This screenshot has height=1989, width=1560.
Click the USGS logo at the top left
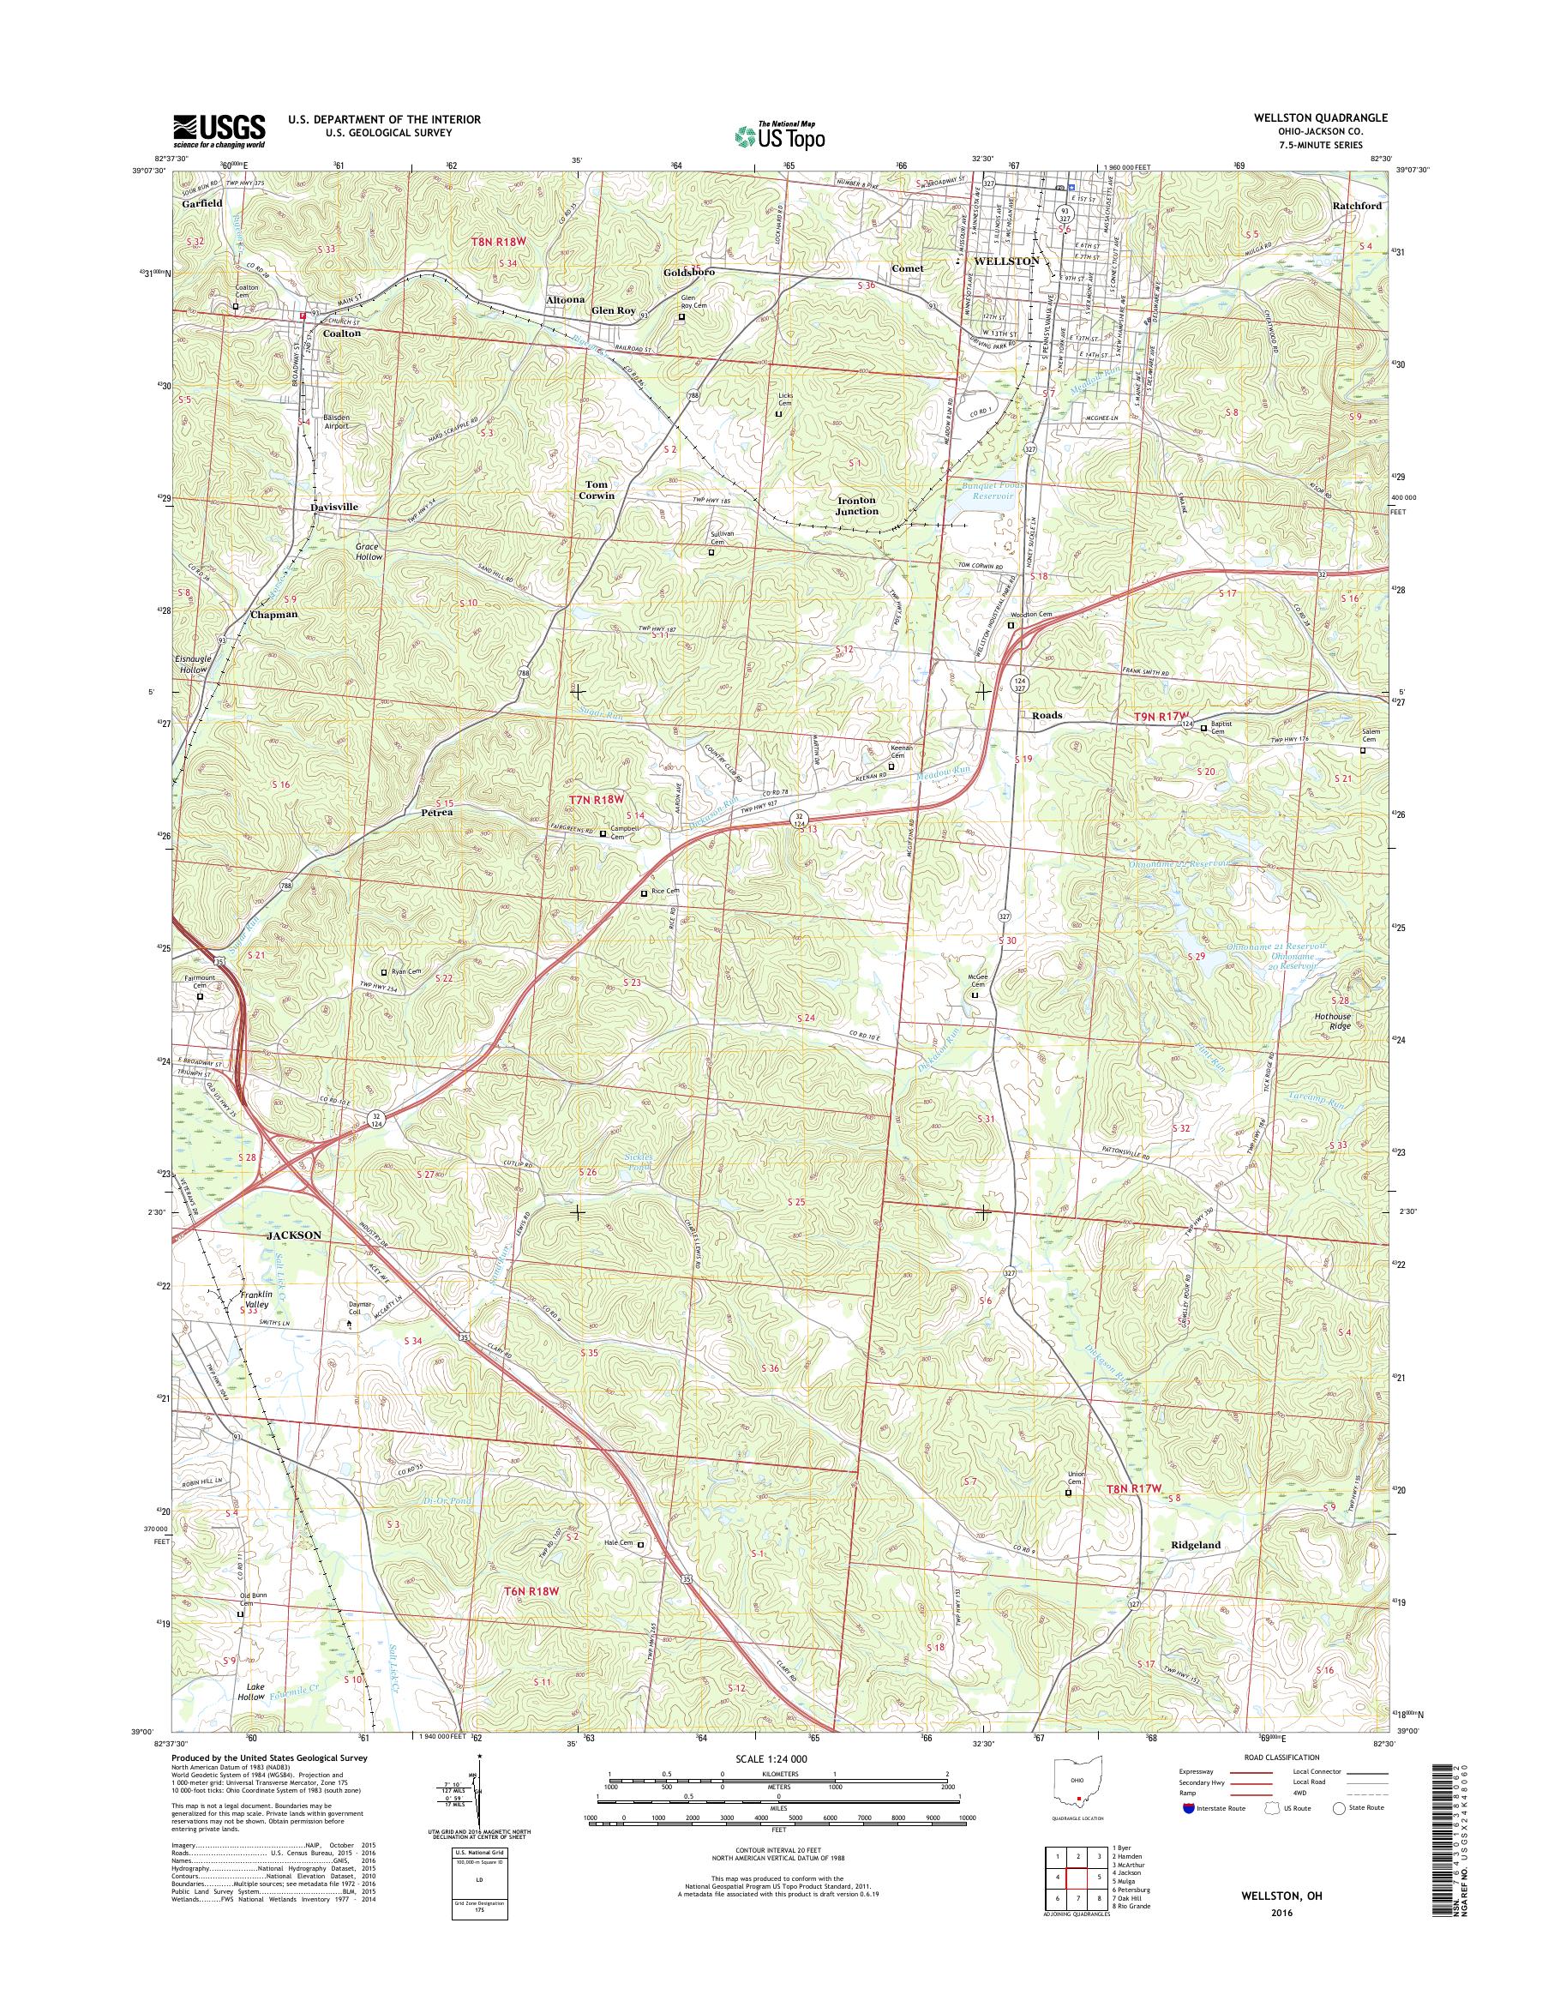coord(219,130)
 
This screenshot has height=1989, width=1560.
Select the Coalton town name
coord(339,334)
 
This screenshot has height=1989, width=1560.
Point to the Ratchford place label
coord(1357,206)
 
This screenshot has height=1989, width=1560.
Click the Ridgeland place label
coord(1196,1545)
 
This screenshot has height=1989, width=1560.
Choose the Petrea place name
coord(436,811)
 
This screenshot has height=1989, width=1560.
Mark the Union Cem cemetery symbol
coord(1070,1493)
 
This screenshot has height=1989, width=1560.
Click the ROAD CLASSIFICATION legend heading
coord(1281,1757)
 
